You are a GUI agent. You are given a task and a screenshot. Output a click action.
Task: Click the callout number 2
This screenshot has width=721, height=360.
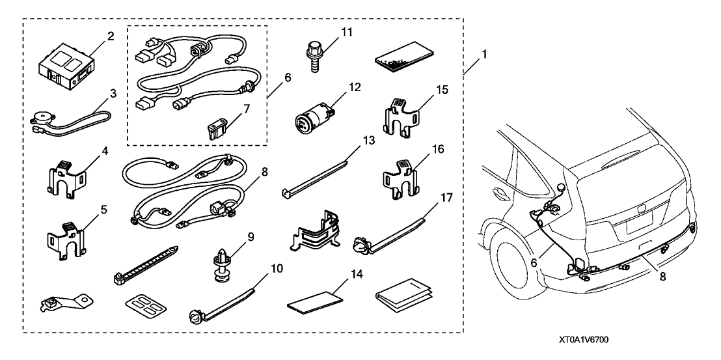pyautogui.click(x=111, y=35)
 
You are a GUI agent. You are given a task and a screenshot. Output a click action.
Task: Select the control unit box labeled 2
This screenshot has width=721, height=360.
pyautogui.click(x=64, y=68)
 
